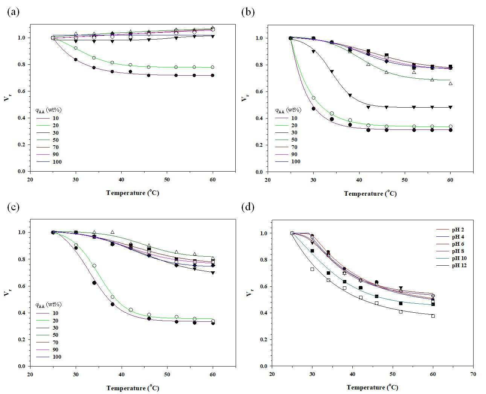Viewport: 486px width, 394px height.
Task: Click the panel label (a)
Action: (x=13, y=12)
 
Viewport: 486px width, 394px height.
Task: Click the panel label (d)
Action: (x=248, y=207)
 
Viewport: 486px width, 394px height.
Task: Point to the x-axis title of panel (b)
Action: (x=370, y=193)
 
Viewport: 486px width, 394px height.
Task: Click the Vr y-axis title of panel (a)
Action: (x=7, y=97)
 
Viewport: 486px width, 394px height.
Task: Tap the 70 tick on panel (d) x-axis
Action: (x=473, y=374)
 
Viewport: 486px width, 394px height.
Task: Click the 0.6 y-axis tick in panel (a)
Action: (x=21, y=91)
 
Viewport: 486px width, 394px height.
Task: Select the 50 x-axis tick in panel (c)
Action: (x=167, y=374)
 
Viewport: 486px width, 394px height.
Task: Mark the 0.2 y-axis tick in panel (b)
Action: (x=259, y=145)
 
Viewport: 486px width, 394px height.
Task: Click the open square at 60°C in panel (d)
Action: (x=433, y=316)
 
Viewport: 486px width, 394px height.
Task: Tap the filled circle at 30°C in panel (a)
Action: (x=76, y=59)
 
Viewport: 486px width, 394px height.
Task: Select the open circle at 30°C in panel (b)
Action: (x=313, y=98)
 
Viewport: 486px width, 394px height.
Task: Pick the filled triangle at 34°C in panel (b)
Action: (x=332, y=71)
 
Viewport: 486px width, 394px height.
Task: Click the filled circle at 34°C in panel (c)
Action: (x=94, y=283)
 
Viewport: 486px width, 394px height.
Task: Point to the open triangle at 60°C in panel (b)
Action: (x=450, y=84)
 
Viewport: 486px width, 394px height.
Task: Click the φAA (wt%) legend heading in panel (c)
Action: (x=48, y=304)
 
